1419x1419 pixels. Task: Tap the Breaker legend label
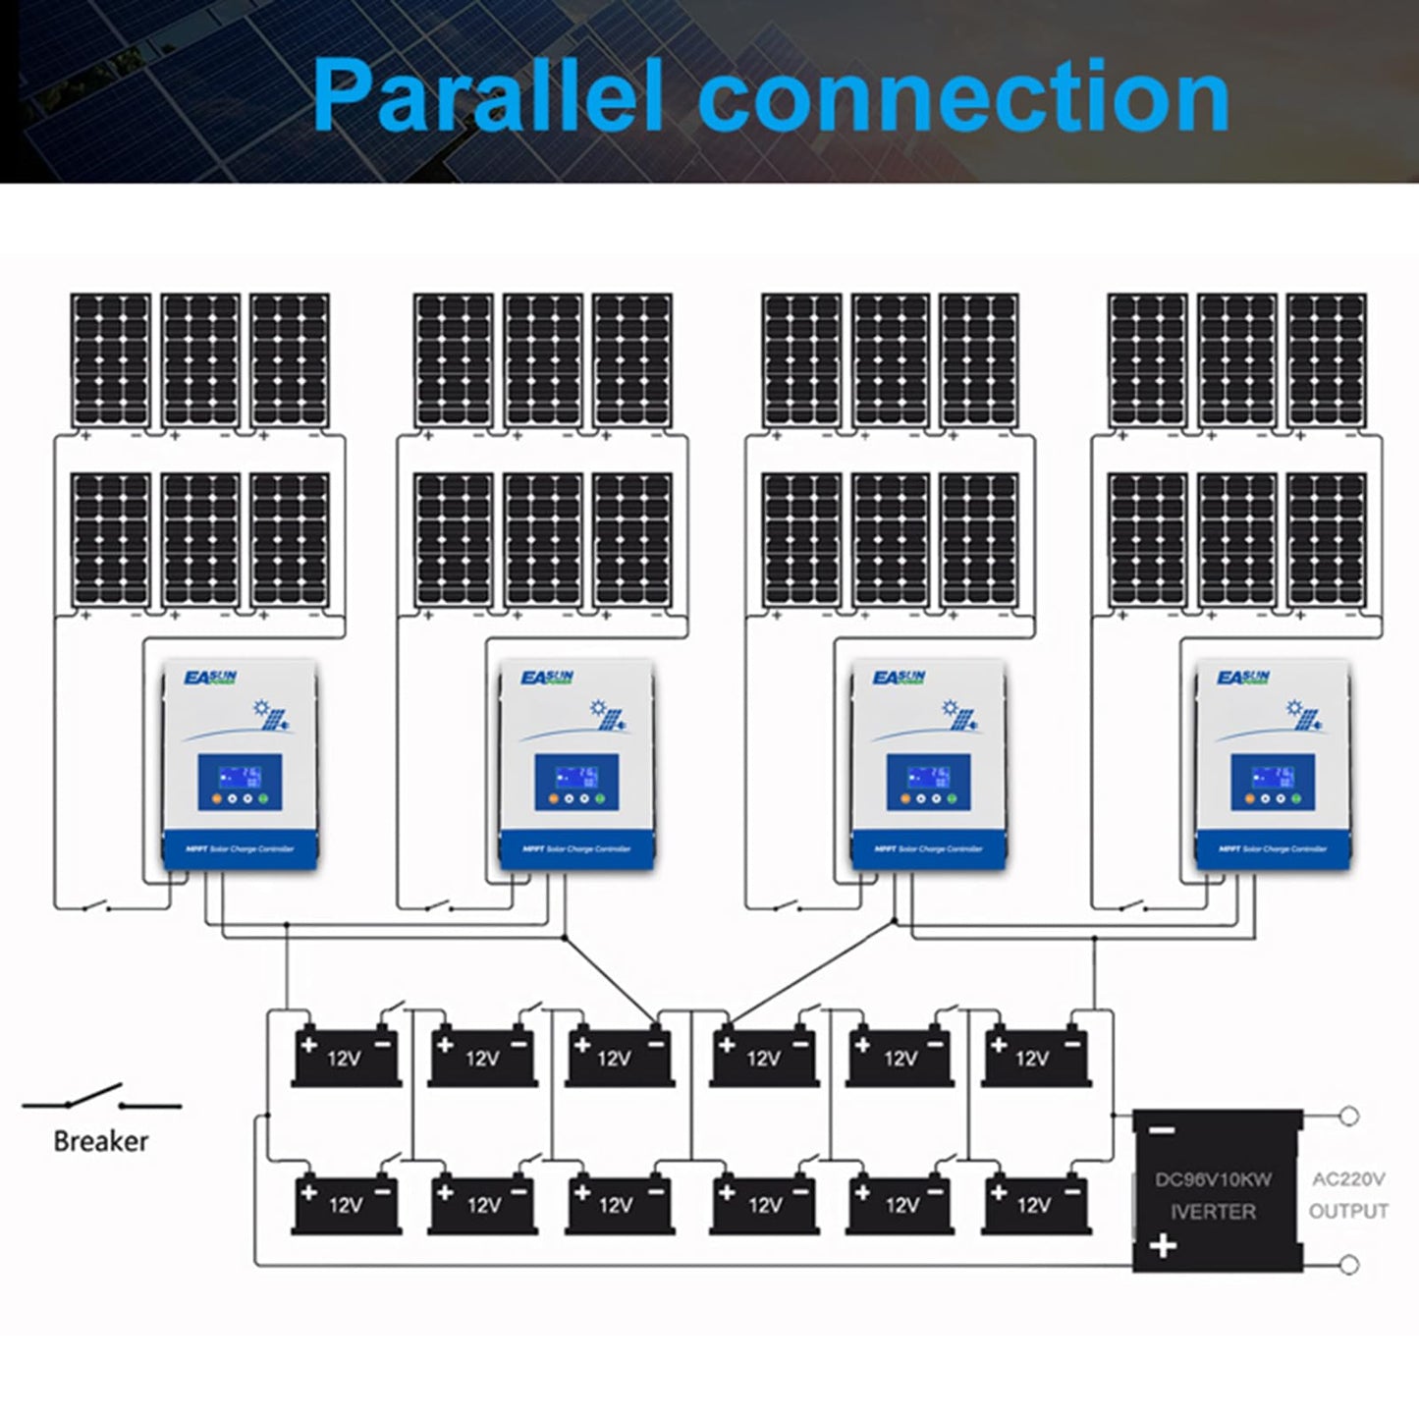[101, 1141]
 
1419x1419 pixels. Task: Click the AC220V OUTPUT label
[1347, 1195]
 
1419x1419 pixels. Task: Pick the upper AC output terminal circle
[1349, 1116]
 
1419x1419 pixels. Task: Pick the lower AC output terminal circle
[1349, 1265]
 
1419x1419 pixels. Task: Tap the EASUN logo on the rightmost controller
[1243, 679]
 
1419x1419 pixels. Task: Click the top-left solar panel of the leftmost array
[111, 359]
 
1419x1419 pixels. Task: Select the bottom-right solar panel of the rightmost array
[1326, 540]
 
